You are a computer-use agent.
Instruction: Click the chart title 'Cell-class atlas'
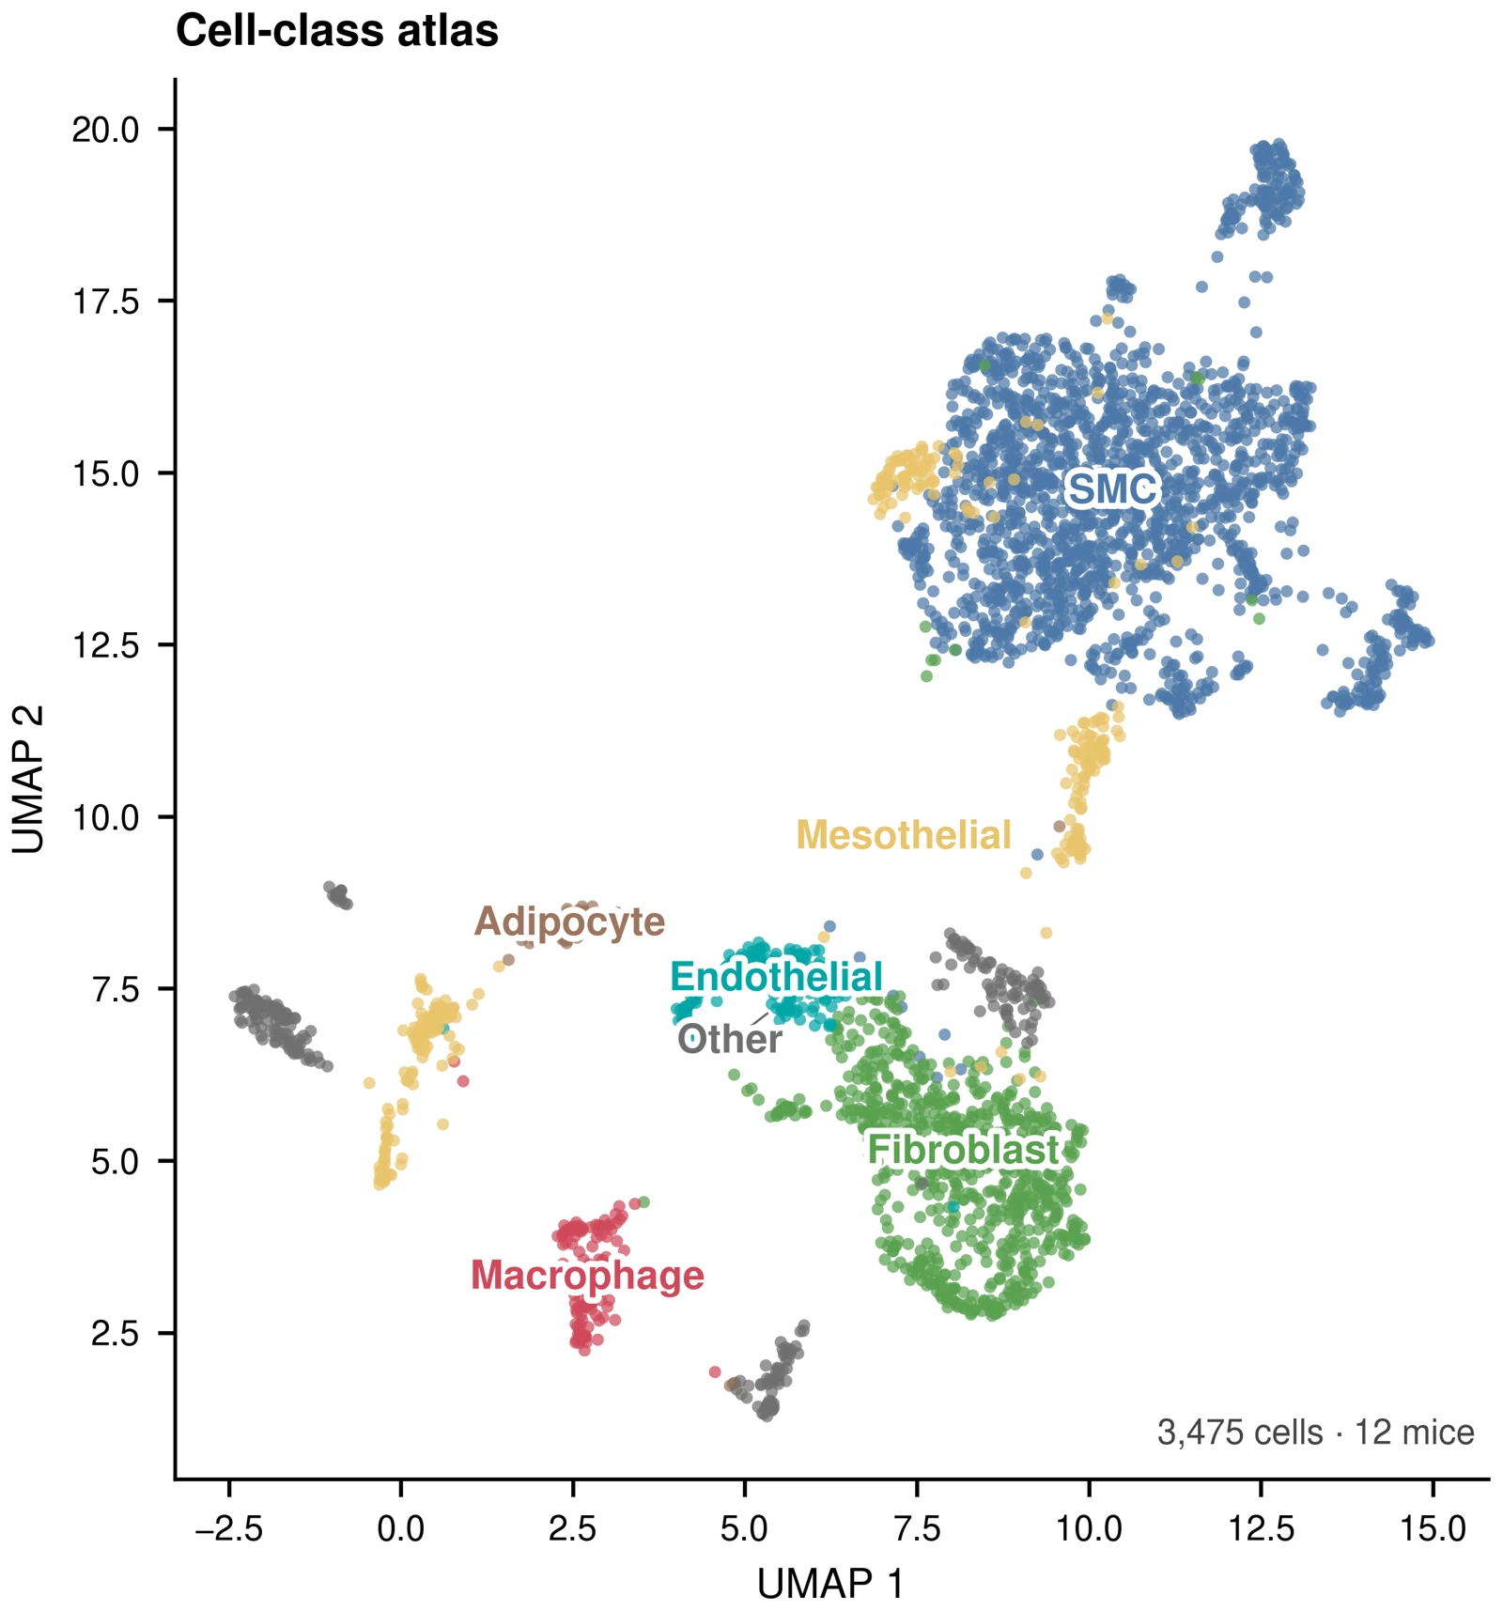coord(337,31)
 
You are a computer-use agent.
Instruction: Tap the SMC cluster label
coord(1112,489)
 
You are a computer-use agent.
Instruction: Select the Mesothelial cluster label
coord(904,835)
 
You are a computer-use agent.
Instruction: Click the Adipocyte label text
coord(570,922)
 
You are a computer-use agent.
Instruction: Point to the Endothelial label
coord(777,977)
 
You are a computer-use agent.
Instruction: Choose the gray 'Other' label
coord(730,1039)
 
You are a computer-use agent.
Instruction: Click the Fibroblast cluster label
coord(963,1150)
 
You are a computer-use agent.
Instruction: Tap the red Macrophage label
coord(587,1276)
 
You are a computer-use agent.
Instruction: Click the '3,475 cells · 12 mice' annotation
coord(1315,1433)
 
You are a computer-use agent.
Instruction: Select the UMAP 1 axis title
coord(830,1584)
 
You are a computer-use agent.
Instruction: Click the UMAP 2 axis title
coord(28,780)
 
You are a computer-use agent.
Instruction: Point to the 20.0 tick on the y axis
coord(106,130)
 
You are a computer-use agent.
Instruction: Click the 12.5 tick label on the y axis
coord(106,645)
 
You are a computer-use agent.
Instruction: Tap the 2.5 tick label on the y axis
coord(116,1334)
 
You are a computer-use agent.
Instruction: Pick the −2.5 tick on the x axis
coord(228,1528)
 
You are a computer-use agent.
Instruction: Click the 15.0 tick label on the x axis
coord(1433,1528)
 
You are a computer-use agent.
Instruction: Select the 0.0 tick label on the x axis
coord(401,1528)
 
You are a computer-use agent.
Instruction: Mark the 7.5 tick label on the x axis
coord(917,1528)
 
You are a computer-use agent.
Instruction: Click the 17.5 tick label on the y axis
coord(106,302)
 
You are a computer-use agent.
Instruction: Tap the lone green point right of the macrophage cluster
coord(643,1202)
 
